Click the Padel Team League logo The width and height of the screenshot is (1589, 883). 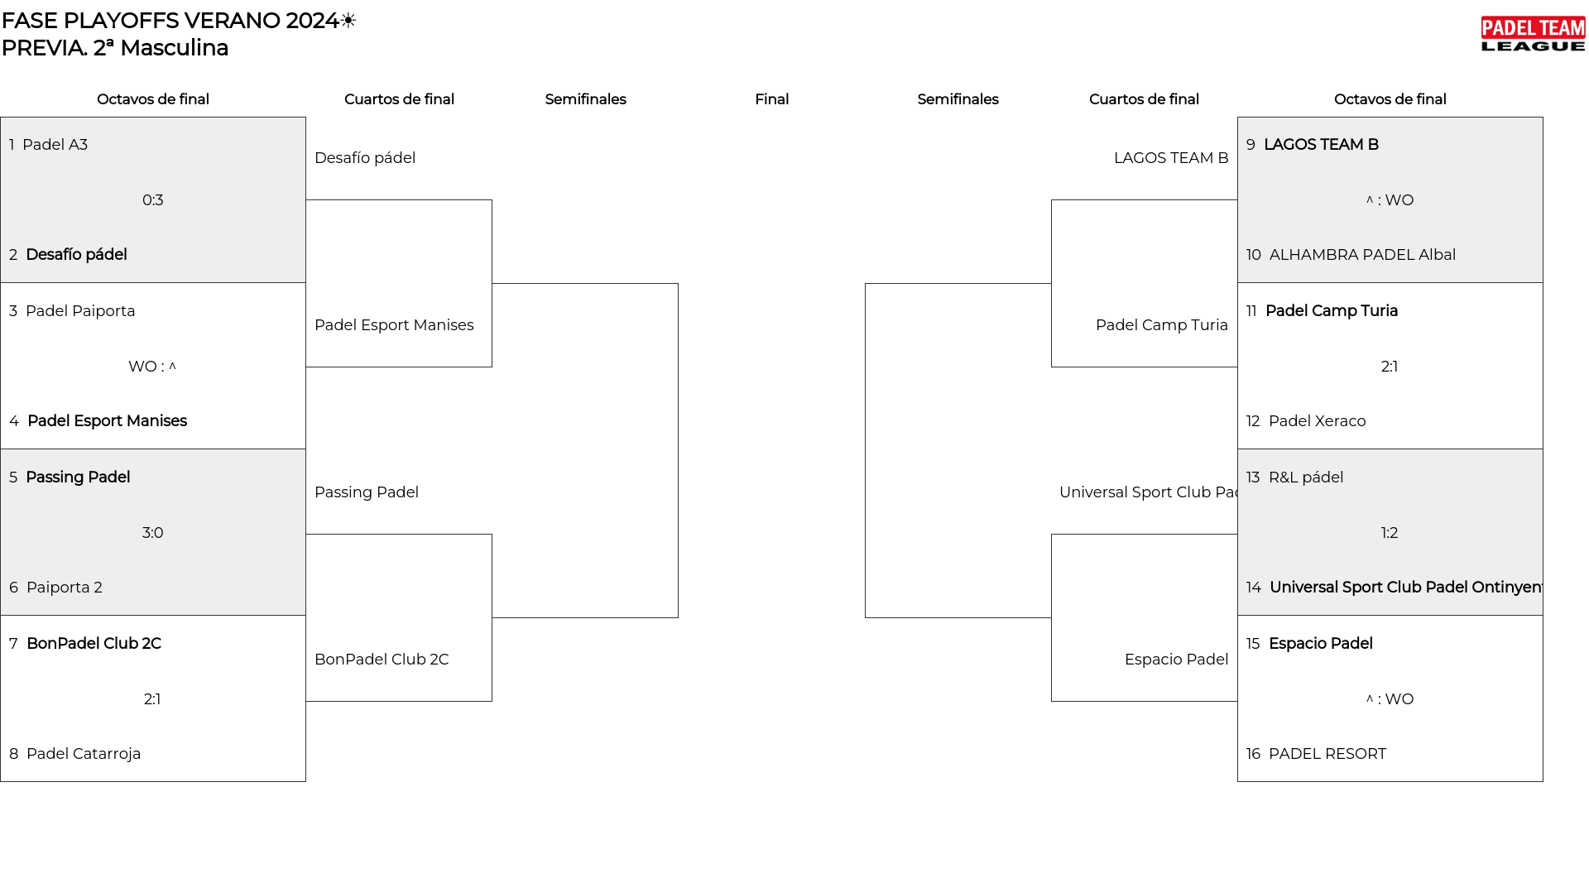[1533, 35]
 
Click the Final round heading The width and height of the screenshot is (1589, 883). [771, 99]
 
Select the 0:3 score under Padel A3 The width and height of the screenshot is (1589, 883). [152, 200]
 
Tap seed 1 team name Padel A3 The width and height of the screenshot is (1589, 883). [55, 145]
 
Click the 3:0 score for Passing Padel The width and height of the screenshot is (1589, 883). [152, 533]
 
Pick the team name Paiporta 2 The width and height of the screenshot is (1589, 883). [65, 588]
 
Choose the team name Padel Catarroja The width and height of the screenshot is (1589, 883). [84, 754]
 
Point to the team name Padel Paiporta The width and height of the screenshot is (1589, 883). [80, 311]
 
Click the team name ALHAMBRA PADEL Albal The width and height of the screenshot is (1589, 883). [1362, 255]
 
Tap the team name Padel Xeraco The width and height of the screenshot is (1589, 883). [1317, 421]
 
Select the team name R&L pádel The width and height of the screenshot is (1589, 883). [1306, 477]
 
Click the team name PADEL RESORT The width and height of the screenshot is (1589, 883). [1327, 754]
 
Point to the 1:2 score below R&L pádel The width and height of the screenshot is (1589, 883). [1390, 533]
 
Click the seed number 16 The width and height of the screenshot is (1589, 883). [1253, 754]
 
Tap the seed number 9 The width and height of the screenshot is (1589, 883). [1251, 145]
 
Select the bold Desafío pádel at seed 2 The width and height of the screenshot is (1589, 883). [76, 255]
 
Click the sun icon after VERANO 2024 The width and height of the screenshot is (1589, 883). [348, 21]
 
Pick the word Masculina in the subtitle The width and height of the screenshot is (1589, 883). [174, 48]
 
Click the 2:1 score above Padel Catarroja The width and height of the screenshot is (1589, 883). [152, 699]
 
